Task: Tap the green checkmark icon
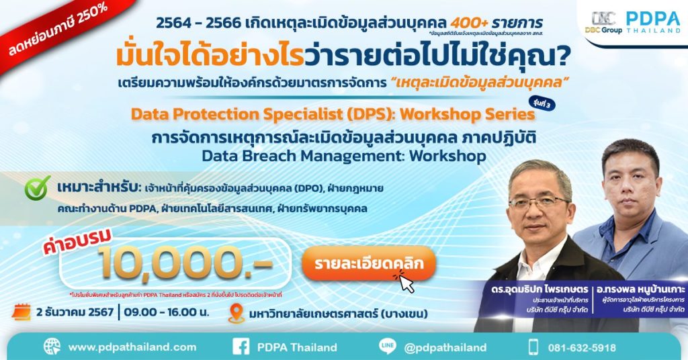(38, 189)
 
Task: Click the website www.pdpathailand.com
(132, 347)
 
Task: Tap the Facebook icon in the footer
(241, 347)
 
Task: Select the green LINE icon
(388, 347)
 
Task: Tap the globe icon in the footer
(52, 347)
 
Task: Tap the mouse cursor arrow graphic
(405, 281)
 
